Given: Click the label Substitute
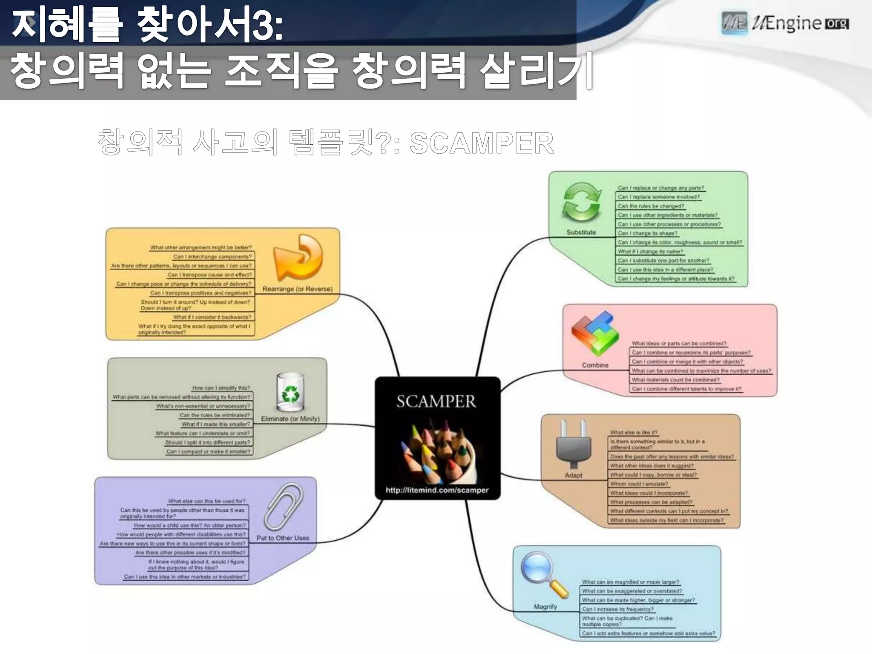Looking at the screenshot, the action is (x=581, y=232).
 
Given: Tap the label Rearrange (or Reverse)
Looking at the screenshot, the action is (x=297, y=289).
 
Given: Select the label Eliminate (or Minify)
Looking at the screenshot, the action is (x=290, y=419).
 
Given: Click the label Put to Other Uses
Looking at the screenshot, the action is (x=283, y=538).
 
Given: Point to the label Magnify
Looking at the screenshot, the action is (x=545, y=606).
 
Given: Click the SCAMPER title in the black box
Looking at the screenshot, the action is (x=436, y=401).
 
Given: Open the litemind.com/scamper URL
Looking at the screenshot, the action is (x=437, y=490).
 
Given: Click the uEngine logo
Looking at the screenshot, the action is (x=785, y=23).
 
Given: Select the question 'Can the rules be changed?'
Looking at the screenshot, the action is (x=651, y=206).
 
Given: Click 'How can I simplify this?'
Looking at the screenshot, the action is (x=221, y=388).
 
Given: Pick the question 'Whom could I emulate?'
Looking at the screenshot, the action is (x=639, y=484).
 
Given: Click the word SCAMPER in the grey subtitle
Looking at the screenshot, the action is (x=482, y=143).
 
